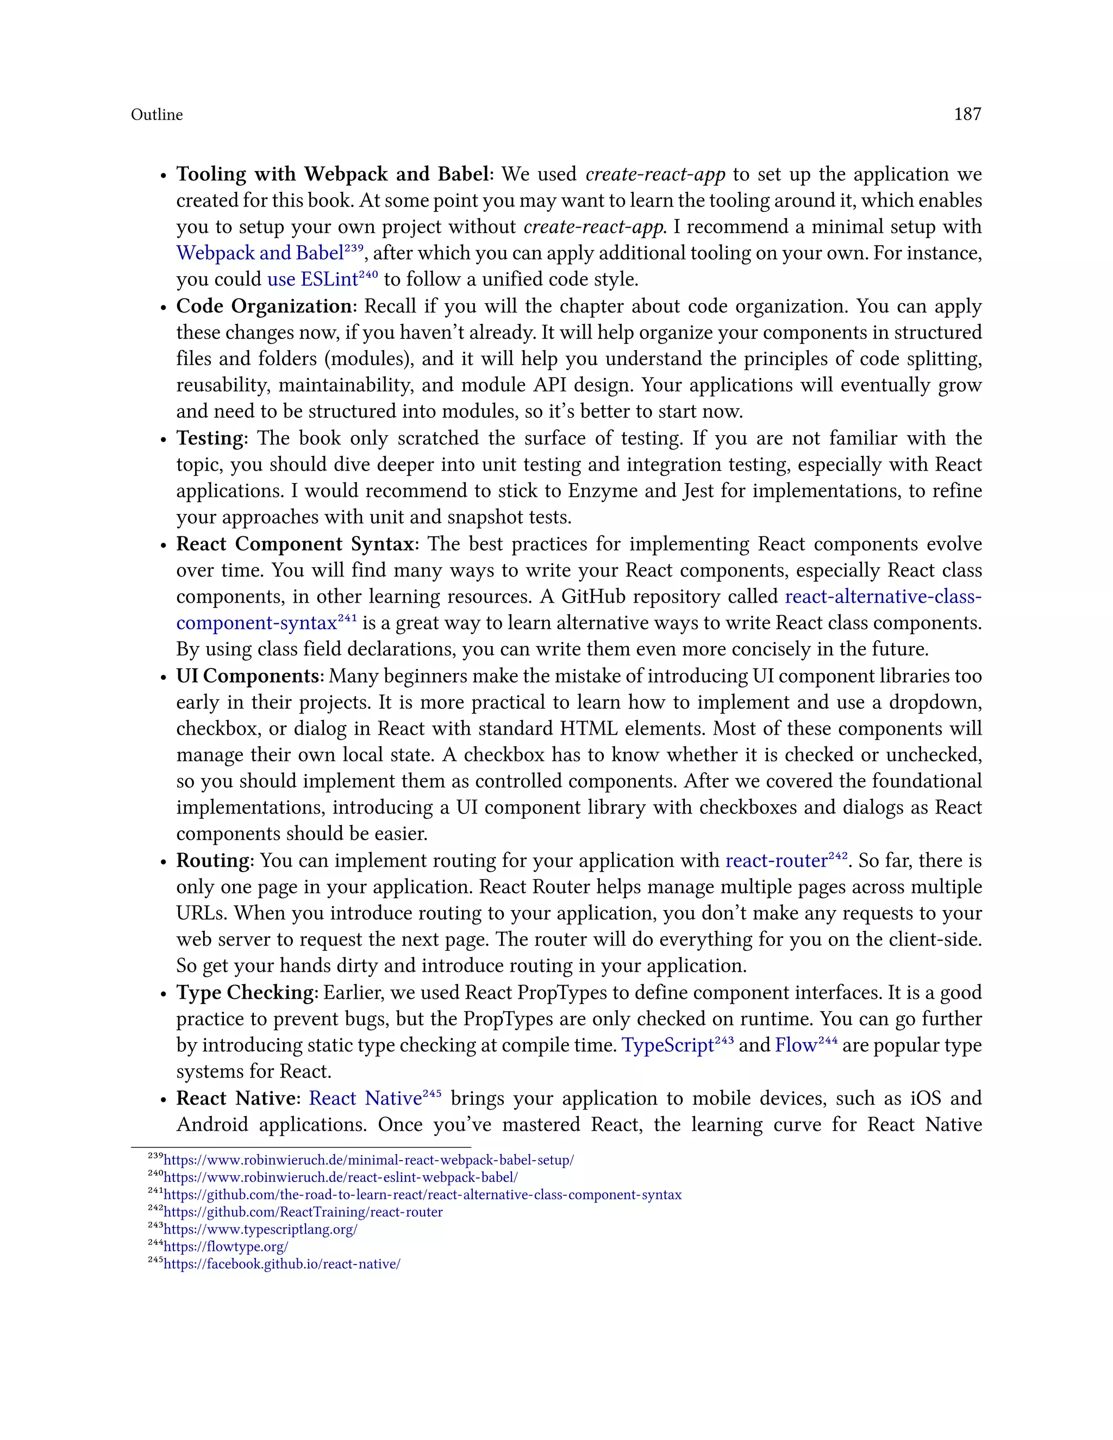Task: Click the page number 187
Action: click(967, 115)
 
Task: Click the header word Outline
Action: click(157, 115)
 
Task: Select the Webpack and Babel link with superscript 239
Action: click(260, 254)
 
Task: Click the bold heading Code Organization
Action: click(264, 306)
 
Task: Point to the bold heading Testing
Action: click(210, 439)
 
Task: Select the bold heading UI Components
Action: click(248, 677)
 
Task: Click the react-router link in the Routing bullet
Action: click(776, 861)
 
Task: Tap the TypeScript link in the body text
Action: click(668, 1045)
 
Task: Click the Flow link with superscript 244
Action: click(795, 1045)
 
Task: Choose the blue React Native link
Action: click(365, 1098)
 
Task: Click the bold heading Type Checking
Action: click(245, 993)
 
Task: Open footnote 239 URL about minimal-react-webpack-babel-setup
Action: click(368, 1161)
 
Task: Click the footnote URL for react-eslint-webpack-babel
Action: click(340, 1178)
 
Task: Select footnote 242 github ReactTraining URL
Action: click(303, 1212)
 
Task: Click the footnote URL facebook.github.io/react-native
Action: click(282, 1264)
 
